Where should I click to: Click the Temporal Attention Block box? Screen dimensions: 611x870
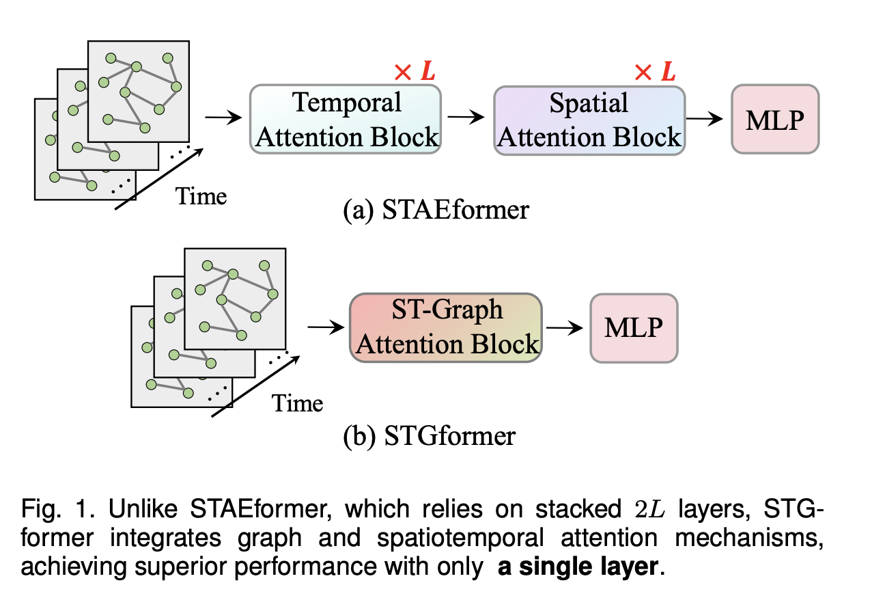[346, 119]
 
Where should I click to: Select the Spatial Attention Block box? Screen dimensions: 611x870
[589, 119]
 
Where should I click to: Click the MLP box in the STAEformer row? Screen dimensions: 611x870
[774, 119]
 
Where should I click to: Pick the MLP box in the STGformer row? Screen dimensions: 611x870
[634, 327]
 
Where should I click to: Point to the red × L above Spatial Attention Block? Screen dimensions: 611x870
[654, 71]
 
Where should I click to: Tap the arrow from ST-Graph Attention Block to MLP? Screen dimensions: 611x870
[564, 327]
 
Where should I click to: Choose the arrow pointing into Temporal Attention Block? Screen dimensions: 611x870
[224, 118]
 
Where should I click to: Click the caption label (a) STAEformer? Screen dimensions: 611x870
[436, 208]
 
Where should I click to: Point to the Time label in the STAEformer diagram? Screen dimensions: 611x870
[201, 197]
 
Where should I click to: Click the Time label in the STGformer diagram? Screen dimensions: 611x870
[298, 403]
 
